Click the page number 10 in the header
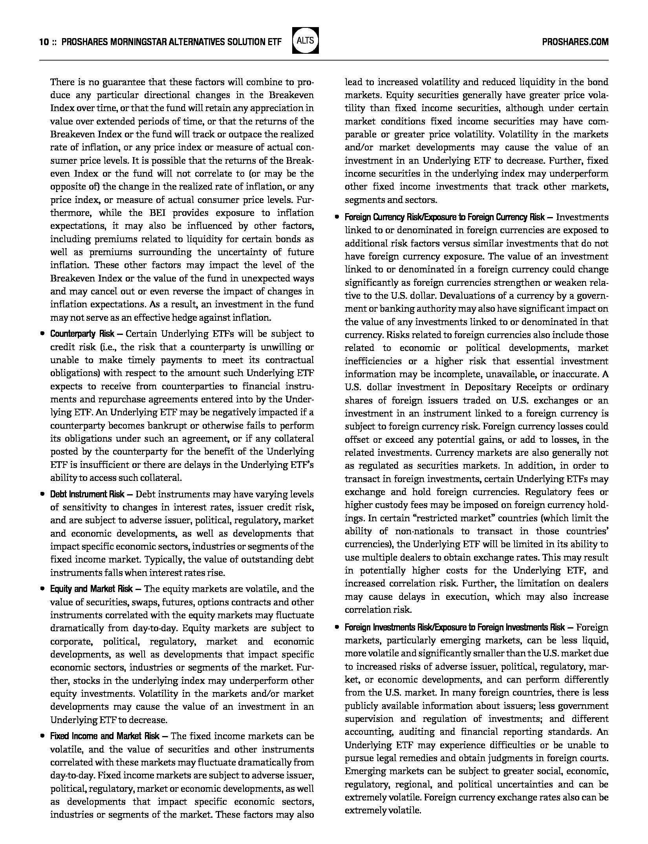coord(43,42)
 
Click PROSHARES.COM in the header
coord(575,42)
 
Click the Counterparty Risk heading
coord(82,334)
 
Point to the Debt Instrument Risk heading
coord(87,494)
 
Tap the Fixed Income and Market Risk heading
coord(105,736)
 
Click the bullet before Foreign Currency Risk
coord(337,217)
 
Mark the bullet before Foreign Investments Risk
coord(337,627)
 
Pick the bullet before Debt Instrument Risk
coord(42,494)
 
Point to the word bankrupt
coord(168,426)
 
